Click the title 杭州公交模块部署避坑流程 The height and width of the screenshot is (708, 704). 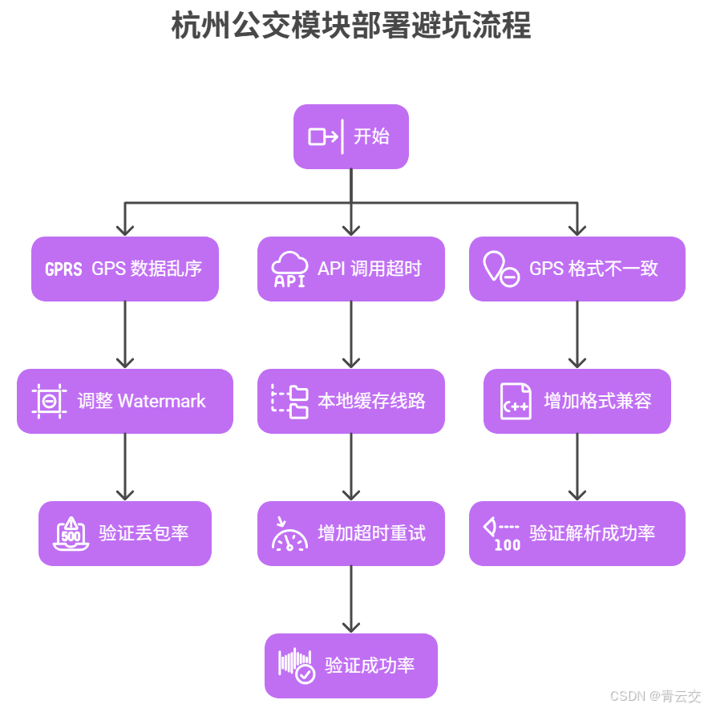(x=351, y=26)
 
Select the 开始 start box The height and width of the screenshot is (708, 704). (x=351, y=136)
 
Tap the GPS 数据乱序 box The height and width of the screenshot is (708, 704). (x=125, y=269)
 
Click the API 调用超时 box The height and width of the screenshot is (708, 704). (x=351, y=269)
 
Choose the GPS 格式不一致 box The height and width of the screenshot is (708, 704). (x=577, y=269)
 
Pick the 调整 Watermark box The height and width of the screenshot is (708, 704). (x=125, y=401)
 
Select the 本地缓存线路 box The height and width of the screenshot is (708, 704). (x=351, y=401)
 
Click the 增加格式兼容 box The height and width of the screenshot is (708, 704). (x=577, y=401)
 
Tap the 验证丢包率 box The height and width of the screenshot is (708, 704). (x=125, y=533)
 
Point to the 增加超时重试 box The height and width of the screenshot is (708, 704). (x=351, y=533)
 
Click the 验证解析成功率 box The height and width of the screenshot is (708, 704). (x=577, y=533)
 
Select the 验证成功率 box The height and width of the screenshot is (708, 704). (x=351, y=666)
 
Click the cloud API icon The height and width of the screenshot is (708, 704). (x=289, y=269)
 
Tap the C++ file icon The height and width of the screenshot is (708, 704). (x=515, y=401)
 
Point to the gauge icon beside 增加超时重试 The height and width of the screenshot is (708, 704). (x=289, y=534)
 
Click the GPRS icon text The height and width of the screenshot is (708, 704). (x=63, y=269)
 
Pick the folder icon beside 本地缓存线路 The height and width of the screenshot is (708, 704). (x=289, y=401)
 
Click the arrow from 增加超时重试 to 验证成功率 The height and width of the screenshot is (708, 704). (x=351, y=600)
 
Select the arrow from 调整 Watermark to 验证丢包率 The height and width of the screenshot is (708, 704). (x=125, y=467)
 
